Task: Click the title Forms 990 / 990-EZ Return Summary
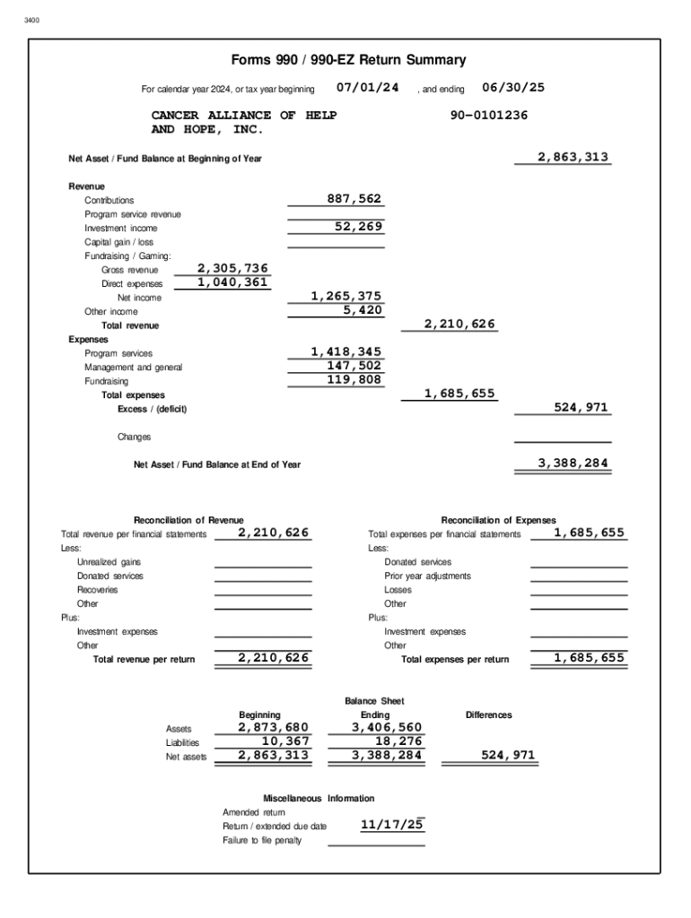(348, 60)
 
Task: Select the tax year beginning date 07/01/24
(367, 87)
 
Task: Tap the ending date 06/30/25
(513, 87)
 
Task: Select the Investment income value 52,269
(359, 227)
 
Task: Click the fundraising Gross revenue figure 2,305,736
(232, 268)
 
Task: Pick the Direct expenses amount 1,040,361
(232, 282)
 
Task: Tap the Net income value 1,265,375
(345, 296)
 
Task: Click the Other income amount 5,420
(363, 310)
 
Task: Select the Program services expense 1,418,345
(345, 351)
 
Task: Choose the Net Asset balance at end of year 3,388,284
(573, 463)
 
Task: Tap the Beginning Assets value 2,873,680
(273, 727)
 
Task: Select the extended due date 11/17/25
(391, 824)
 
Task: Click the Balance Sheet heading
(374, 700)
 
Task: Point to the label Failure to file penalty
(262, 840)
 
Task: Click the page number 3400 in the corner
(32, 20)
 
